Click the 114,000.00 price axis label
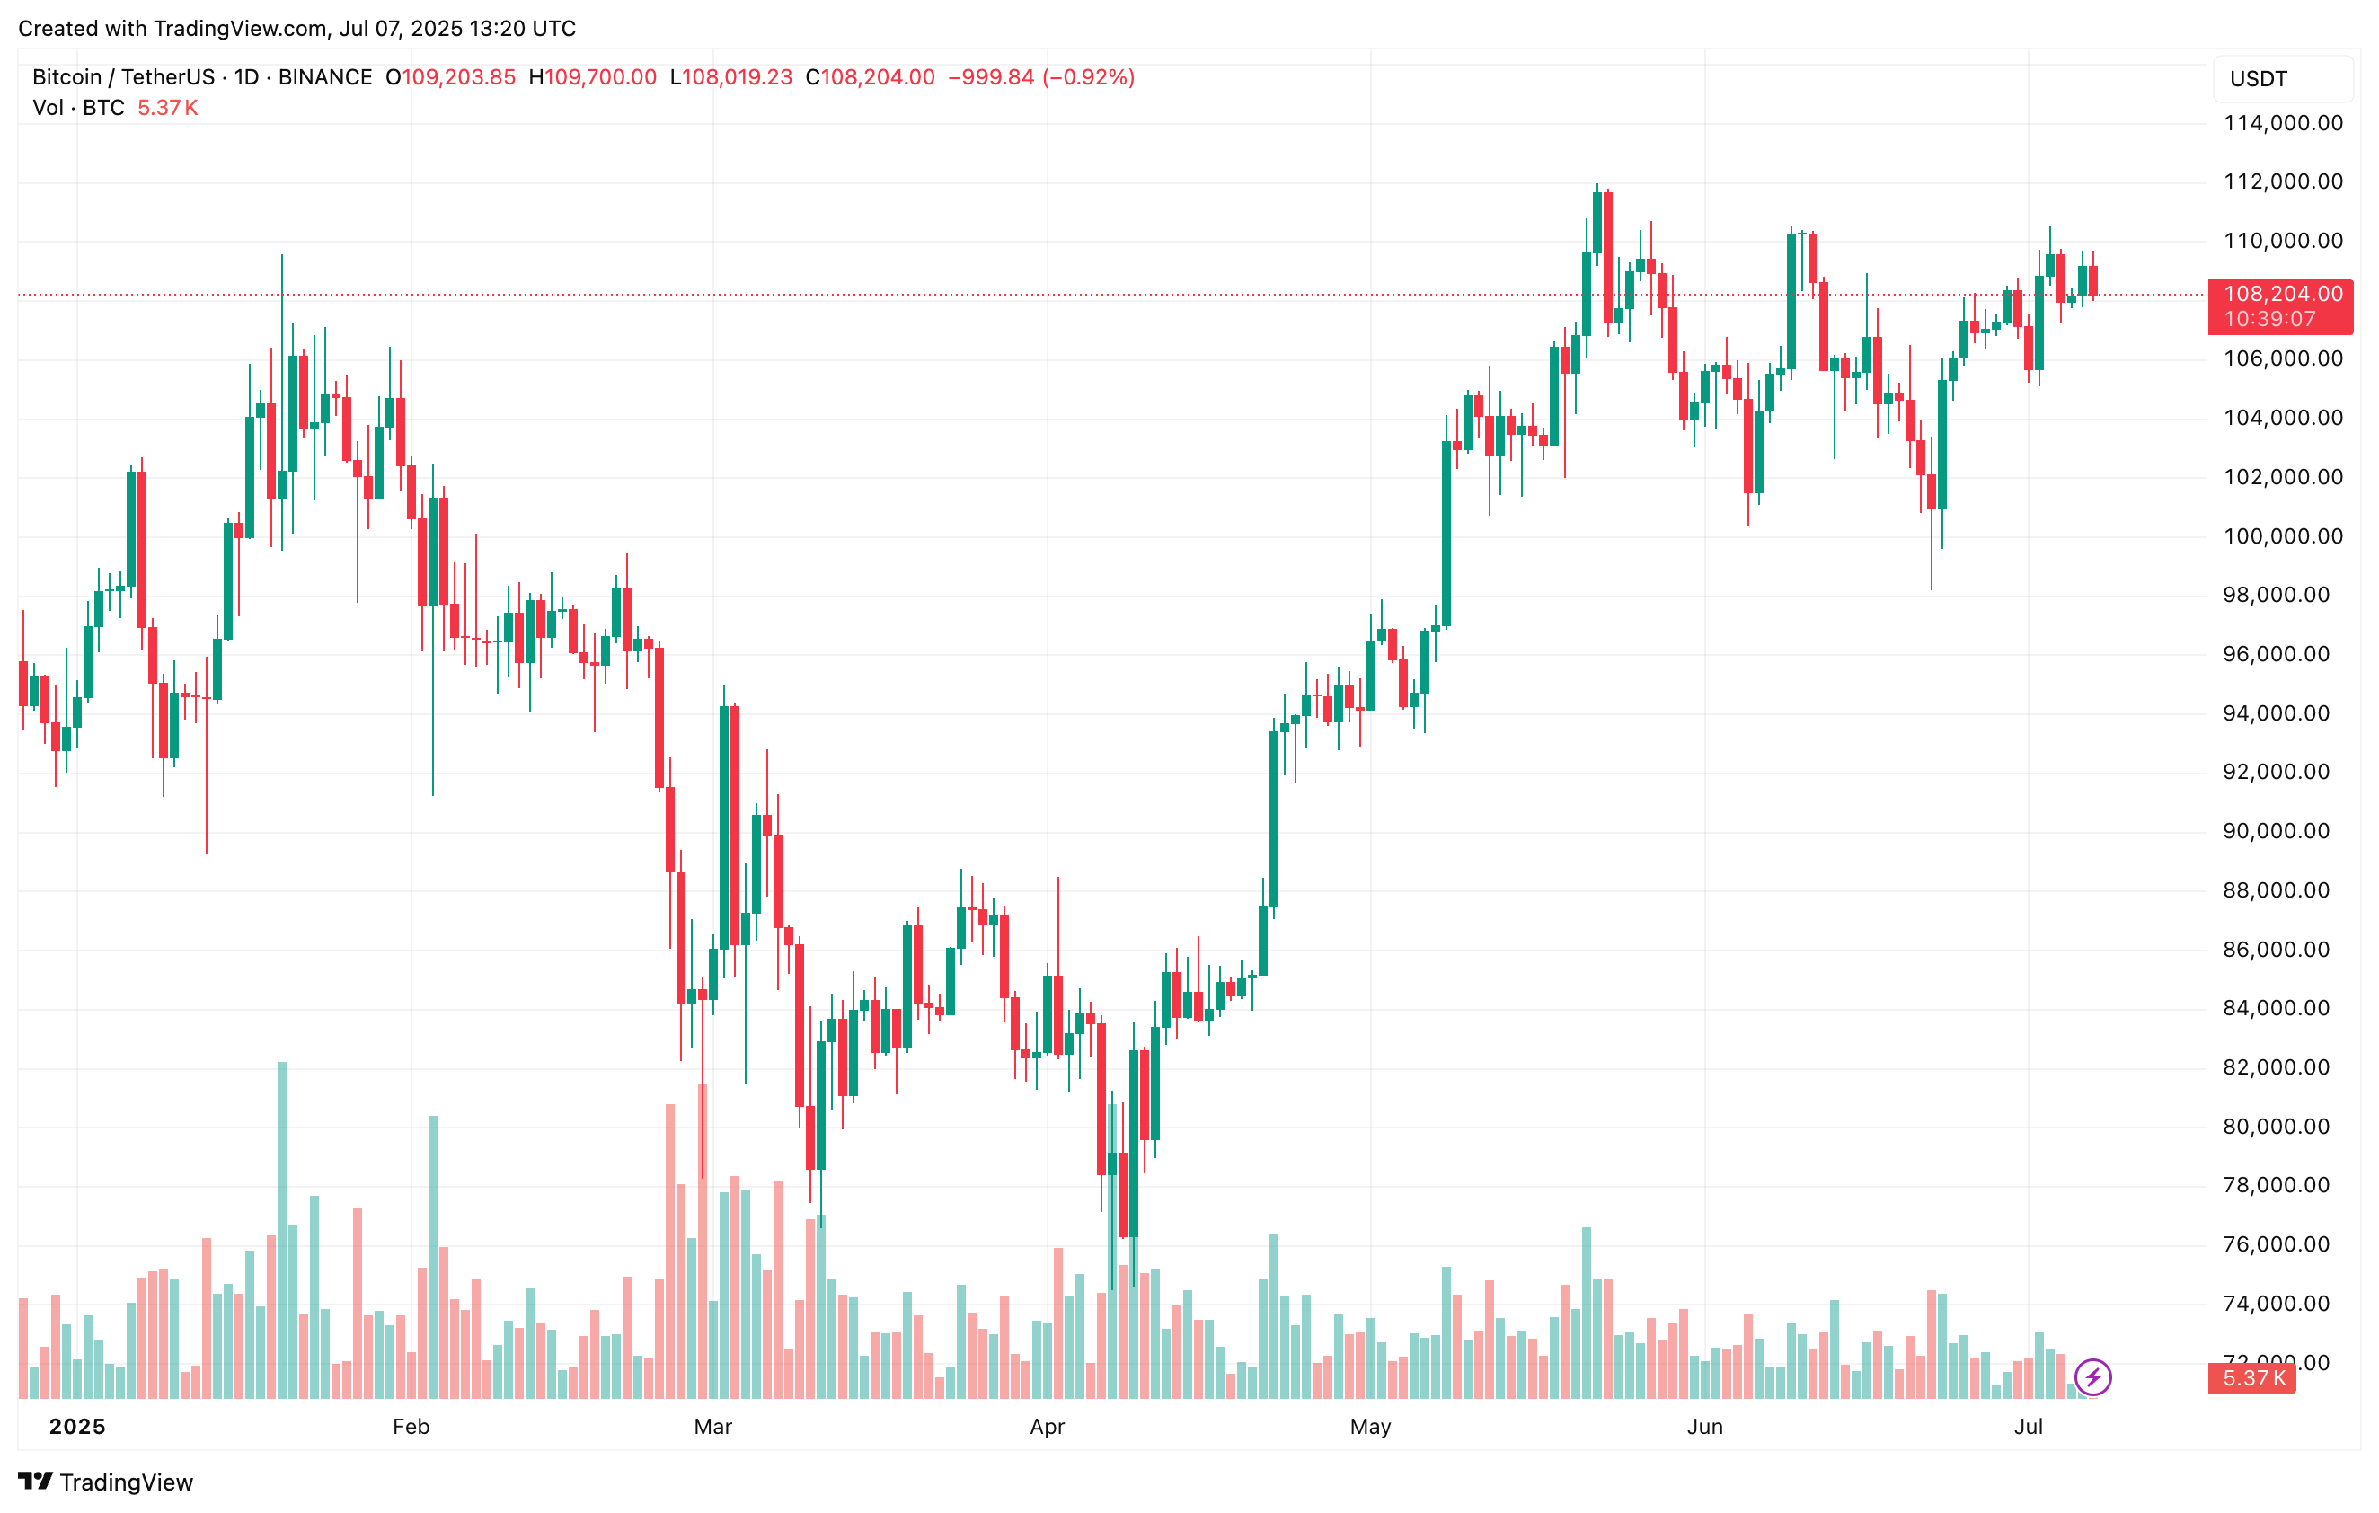click(2282, 123)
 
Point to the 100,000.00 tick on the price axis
click(2282, 536)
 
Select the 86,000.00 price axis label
click(2282, 950)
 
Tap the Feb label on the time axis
click(411, 1426)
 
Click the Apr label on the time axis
click(1048, 1426)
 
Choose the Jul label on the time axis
click(2029, 1426)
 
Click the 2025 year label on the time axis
click(77, 1426)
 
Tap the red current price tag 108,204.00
click(2281, 295)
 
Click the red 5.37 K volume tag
click(2252, 1377)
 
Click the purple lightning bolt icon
click(2092, 1376)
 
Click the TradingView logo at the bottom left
click(106, 1482)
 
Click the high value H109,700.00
click(593, 77)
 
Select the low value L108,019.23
click(731, 77)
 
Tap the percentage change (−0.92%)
click(1089, 77)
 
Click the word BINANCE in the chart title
click(325, 77)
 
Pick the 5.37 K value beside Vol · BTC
click(167, 108)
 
